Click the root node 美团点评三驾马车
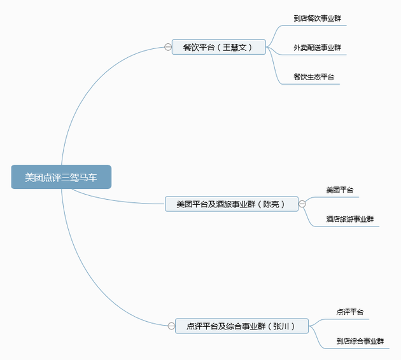[x=61, y=177]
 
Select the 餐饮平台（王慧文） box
[x=218, y=47]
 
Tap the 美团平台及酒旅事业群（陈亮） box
[x=231, y=204]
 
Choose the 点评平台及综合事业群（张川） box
[x=243, y=326]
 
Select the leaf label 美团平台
[x=339, y=190]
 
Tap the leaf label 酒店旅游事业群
[x=349, y=219]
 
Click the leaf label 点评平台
[x=350, y=312]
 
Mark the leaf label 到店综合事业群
[x=360, y=342]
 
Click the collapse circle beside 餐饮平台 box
[x=168, y=47]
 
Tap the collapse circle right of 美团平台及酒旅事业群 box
[x=302, y=204]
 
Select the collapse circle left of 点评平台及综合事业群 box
[x=171, y=326]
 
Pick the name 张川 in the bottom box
[x=283, y=326]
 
